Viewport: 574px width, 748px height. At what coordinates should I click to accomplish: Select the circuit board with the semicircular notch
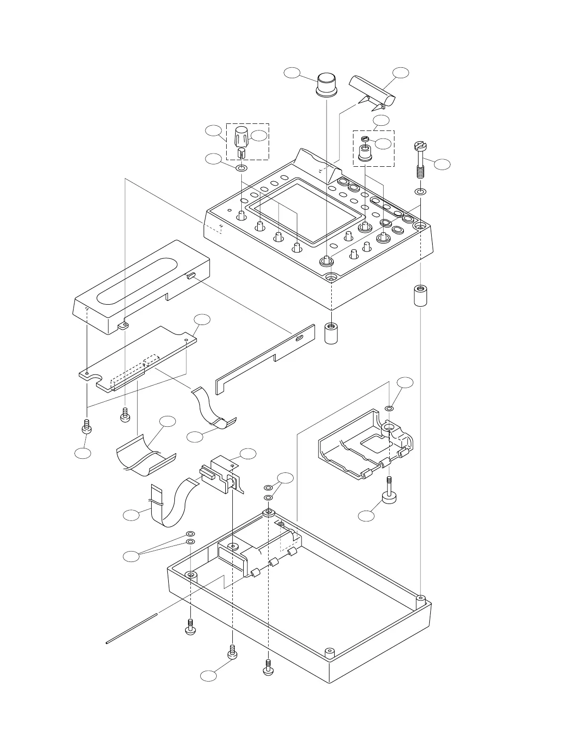tap(137, 358)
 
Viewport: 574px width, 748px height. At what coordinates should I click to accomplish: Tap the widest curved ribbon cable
tap(146, 456)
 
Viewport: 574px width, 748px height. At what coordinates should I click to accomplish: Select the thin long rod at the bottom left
tap(132, 626)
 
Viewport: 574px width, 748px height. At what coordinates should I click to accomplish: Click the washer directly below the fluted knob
tap(241, 168)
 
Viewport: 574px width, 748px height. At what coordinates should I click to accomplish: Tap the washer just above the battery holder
tap(389, 407)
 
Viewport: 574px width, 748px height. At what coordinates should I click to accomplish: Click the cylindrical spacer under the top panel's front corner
tap(331, 333)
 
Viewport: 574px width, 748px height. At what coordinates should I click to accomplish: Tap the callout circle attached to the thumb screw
tap(366, 516)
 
